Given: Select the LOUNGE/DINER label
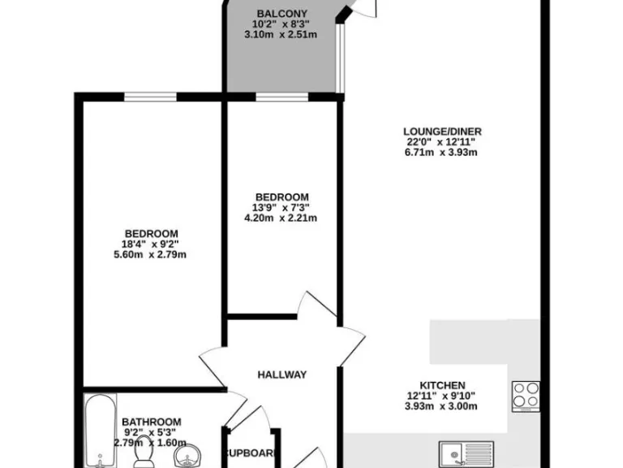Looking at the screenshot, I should point(436,131).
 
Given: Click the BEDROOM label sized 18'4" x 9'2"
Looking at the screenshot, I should point(151,233).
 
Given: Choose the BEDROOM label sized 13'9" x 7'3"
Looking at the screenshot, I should point(281,197).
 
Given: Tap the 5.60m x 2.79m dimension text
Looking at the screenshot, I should point(151,254).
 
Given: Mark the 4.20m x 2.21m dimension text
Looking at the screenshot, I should point(281,217).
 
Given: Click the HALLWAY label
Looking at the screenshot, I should point(281,375).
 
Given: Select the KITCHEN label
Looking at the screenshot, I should point(442,385).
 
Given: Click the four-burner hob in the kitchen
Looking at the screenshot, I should point(526,396).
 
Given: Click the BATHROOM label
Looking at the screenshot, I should point(151,422).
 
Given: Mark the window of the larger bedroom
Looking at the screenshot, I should point(151,97).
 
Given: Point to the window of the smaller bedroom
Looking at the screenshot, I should point(281,97).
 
